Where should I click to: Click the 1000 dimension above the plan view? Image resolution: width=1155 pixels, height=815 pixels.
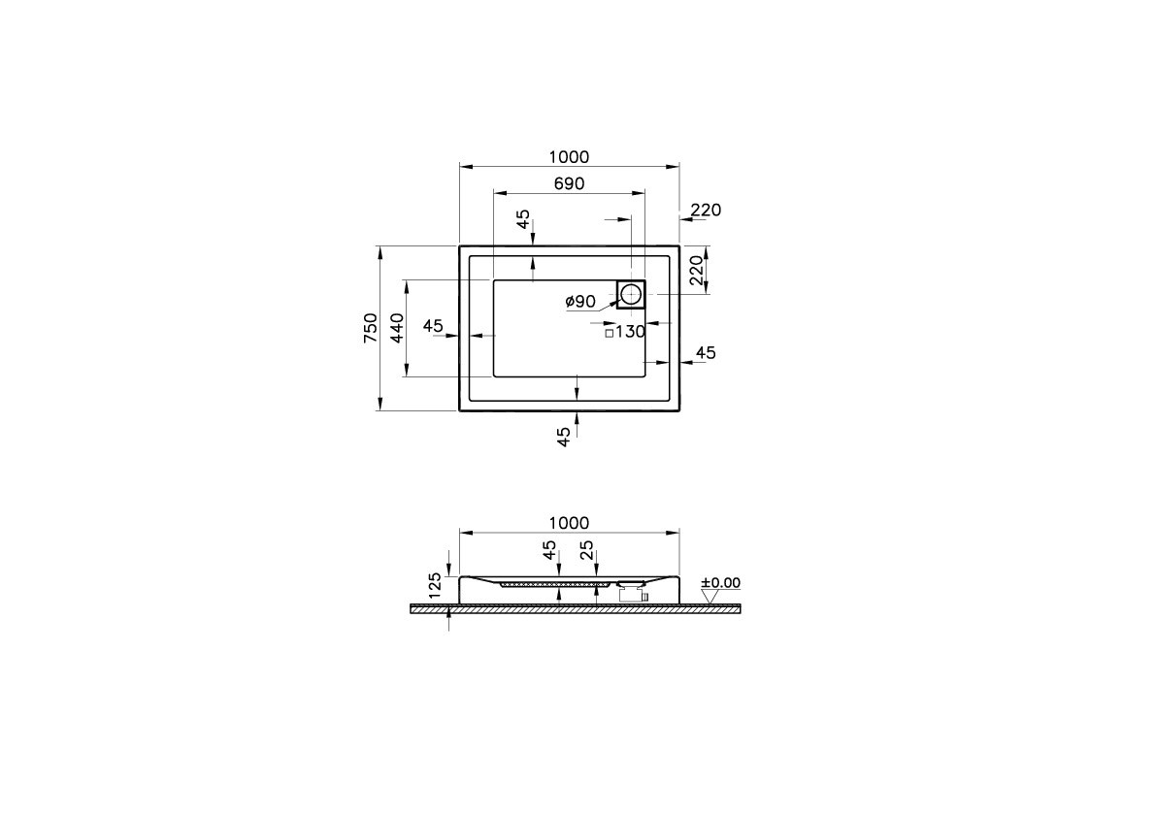(569, 157)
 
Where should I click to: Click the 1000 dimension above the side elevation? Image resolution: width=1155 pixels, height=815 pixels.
(569, 524)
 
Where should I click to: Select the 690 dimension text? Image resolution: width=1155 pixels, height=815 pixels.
(569, 184)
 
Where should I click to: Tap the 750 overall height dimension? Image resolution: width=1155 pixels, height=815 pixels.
(370, 328)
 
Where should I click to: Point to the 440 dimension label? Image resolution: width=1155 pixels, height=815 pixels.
(397, 328)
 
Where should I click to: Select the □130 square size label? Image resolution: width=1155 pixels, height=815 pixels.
(625, 332)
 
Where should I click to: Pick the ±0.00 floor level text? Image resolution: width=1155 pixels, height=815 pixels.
(719, 583)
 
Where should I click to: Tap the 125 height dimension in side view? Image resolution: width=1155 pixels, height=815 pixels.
(436, 584)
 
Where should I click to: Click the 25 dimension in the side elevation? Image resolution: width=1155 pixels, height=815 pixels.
(586, 550)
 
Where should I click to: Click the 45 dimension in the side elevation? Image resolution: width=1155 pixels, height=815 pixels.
(549, 550)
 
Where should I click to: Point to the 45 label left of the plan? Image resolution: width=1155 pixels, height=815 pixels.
(433, 326)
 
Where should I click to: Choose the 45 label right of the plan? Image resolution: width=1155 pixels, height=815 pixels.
(706, 353)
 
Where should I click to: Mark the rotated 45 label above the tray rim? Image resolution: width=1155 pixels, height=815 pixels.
(523, 219)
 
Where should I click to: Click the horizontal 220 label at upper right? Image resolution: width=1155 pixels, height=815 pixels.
(706, 211)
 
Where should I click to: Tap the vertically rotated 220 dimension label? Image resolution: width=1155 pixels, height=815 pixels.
(696, 270)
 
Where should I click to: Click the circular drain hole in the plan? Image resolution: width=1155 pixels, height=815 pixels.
(631, 292)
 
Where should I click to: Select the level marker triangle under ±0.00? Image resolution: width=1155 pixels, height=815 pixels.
(709, 596)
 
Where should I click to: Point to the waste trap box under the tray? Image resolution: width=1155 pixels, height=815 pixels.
(632, 596)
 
